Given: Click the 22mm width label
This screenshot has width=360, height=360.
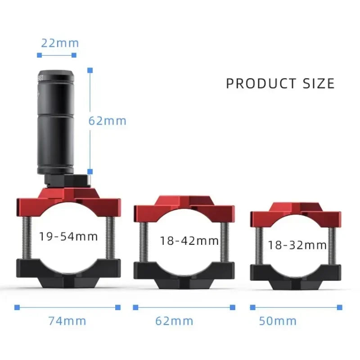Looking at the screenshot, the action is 60,43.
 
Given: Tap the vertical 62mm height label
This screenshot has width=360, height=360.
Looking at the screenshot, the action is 108,121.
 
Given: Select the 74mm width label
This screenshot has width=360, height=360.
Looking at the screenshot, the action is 67,321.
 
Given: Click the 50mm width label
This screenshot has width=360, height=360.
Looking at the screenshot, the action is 278,321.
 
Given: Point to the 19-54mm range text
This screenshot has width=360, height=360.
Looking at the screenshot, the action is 68,237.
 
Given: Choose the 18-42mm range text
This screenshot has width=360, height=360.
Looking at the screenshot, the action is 189,241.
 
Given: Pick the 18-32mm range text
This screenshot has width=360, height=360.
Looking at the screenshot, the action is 297,245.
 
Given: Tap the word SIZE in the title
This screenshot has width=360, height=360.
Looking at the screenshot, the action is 319,83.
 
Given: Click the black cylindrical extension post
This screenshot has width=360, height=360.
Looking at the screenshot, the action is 56,121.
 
